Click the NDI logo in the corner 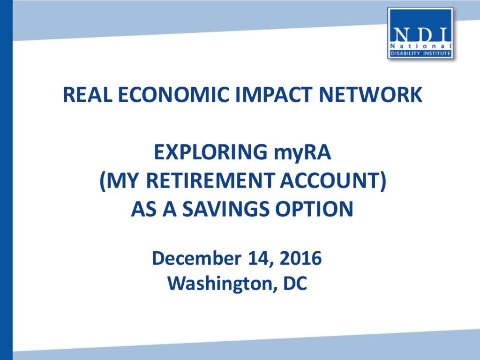click(420, 33)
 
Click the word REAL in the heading click(87, 95)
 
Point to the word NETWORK click(370, 95)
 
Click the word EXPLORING click(210, 152)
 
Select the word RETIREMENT click(210, 180)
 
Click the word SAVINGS click(226, 210)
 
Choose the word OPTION click(315, 210)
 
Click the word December click(196, 258)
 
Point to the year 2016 click(300, 258)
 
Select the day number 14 click(260, 259)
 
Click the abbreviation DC click(295, 284)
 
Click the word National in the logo click(421, 46)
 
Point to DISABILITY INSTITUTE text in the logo click(420, 53)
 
